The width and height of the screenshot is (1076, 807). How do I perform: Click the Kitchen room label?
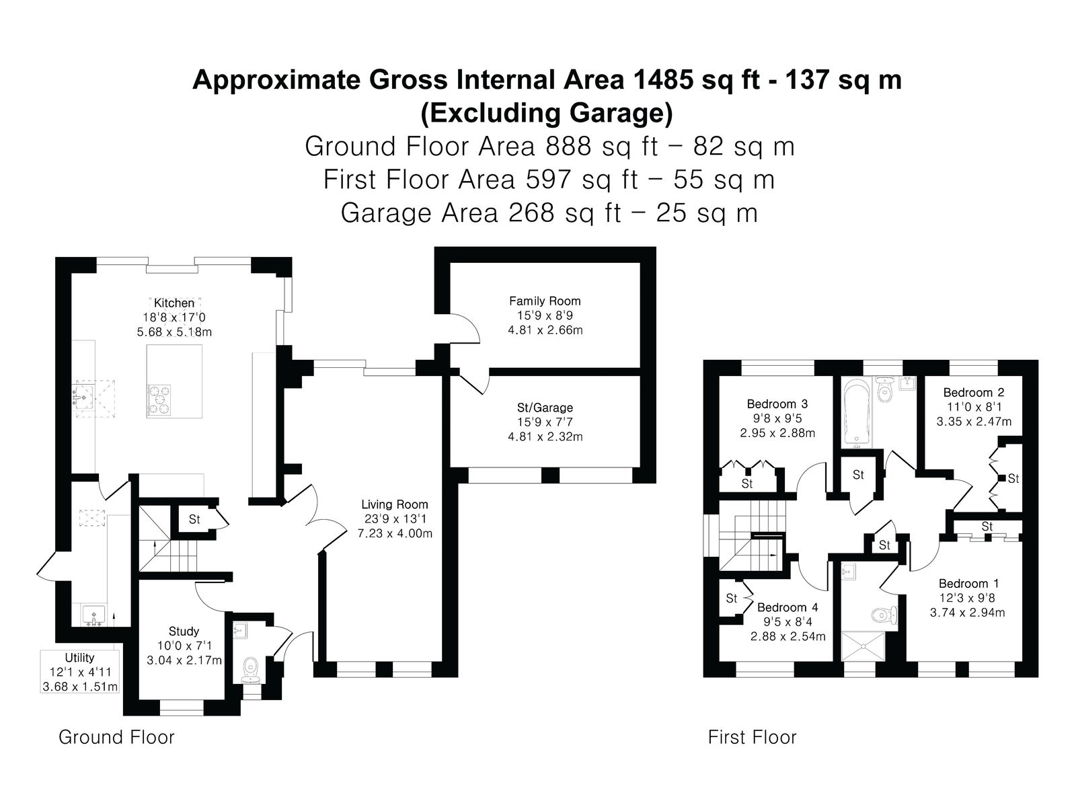coord(174,303)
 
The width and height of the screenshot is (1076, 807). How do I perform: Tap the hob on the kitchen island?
coord(159,400)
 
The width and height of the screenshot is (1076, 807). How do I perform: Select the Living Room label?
coord(395,504)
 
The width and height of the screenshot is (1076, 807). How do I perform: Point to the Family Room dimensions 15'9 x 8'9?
coord(545,315)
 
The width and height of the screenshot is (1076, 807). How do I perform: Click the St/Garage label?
coord(545,408)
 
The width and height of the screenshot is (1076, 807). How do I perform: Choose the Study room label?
coord(184,631)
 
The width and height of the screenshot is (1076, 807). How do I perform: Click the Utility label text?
coord(79,658)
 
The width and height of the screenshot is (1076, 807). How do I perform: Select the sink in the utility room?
coord(93,615)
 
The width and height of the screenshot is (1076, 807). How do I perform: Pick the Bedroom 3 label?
coord(777,403)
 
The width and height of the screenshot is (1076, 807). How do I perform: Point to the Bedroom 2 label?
coord(974,393)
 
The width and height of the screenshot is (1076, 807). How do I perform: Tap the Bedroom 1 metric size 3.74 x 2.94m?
coord(968,613)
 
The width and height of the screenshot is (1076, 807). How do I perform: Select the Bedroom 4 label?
coord(787,607)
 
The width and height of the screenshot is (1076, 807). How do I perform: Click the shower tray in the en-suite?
coord(863,646)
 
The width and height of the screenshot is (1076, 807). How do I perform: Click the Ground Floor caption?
coord(116,738)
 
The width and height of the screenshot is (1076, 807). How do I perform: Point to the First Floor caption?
coord(752,738)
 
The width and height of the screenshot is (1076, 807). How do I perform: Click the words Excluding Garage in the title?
coord(547,113)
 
